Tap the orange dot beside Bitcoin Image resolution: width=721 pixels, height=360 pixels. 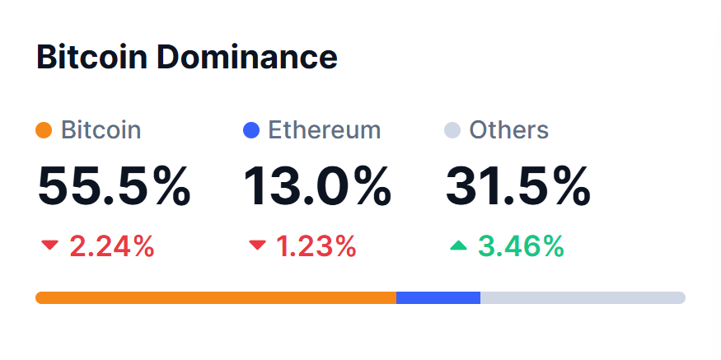tap(44, 130)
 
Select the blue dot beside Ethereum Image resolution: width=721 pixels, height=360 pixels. tap(252, 130)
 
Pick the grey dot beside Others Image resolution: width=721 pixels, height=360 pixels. tap(452, 130)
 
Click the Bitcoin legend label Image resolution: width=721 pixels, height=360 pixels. tap(101, 130)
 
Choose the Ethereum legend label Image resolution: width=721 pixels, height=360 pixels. tap(325, 130)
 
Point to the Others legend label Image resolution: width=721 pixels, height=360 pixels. tap(508, 130)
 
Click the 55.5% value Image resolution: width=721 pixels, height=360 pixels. tap(114, 186)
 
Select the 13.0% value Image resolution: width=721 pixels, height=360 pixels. tap(317, 186)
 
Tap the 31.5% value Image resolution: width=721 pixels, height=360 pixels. tap(518, 186)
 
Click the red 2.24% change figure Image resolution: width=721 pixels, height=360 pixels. tap(111, 245)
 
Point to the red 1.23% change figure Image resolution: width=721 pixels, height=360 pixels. tap(315, 245)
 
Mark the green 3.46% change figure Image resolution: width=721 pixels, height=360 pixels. tap(521, 245)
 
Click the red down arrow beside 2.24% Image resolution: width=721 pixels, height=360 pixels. tap(50, 245)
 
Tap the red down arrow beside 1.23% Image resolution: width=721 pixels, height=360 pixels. tap(258, 245)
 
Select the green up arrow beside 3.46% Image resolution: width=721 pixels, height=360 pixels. tap(459, 245)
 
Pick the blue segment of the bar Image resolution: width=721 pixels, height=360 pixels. tap(438, 297)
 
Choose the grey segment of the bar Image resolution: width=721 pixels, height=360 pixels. tap(582, 297)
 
